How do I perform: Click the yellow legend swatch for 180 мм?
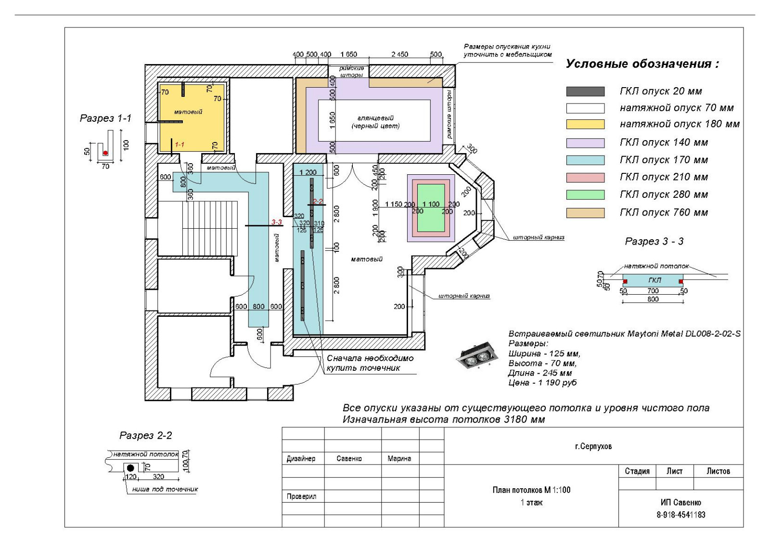coord(585,124)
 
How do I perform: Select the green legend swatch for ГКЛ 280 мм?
coord(585,195)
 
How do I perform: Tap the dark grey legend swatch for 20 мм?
coord(585,91)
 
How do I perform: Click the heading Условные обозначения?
coord(642,64)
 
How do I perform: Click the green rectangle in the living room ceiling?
coord(431,208)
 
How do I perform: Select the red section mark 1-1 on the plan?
coord(180,144)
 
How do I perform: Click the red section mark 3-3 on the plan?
coord(276,222)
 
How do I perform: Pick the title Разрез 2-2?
coord(145,436)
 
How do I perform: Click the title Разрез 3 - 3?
coord(654,241)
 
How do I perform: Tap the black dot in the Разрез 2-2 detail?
coord(130,468)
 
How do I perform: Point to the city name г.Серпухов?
coord(593,446)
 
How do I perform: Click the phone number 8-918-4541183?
coord(680,515)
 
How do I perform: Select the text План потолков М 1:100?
coord(531,490)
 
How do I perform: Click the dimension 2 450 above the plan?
coord(399,54)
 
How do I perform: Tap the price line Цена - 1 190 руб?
coord(542,383)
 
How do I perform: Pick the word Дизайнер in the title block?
coord(301,459)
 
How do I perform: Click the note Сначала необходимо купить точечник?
coord(370,363)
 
